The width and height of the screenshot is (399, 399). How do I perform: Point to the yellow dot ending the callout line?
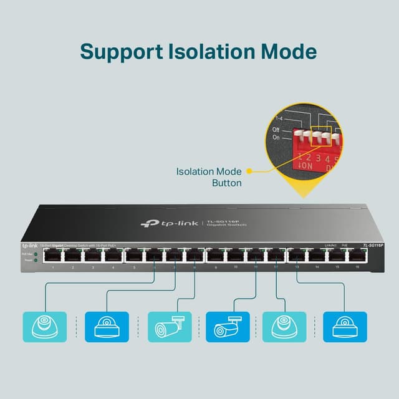(249, 170)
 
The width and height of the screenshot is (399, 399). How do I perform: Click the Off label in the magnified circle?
(276, 130)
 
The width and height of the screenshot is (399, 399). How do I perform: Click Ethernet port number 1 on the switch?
(53, 256)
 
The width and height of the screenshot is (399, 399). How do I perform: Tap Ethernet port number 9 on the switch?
(216, 256)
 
